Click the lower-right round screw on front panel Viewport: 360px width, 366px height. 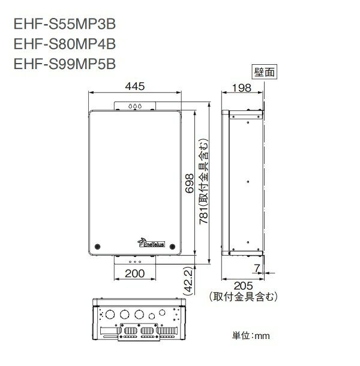(x=173, y=245)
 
